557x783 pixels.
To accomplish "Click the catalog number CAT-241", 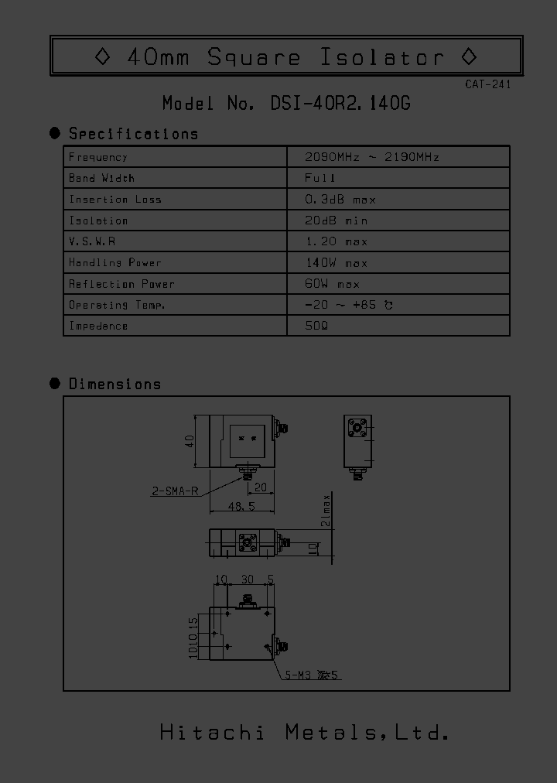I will [488, 84].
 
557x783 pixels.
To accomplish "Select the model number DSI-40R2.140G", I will [340, 103].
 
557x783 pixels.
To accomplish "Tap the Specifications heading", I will [133, 134].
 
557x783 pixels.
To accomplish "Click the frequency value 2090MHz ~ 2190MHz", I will [372, 157].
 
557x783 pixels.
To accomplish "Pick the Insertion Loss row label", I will [115, 200].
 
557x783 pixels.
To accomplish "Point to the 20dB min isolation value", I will [340, 221].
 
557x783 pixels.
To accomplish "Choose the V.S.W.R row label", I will [92, 241].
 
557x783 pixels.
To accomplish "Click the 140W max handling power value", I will [337, 263].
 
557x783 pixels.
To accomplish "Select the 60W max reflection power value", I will [333, 284].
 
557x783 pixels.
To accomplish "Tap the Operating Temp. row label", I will [117, 305].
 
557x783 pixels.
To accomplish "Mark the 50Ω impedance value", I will [317, 326].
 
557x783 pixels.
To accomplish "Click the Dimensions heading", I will [114, 384].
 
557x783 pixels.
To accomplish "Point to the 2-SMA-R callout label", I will [175, 489].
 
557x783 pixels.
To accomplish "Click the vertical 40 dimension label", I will [189, 443].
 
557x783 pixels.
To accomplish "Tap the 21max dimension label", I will [326, 511].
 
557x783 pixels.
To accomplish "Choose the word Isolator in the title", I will [382, 56].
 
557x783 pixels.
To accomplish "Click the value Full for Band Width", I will [320, 178].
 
